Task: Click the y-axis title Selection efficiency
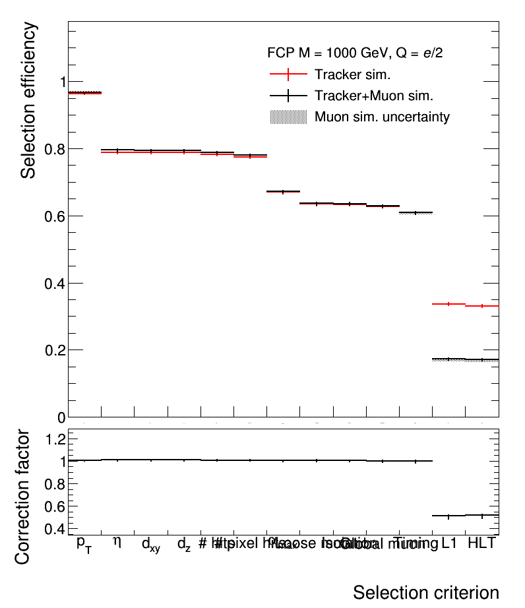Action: coord(28,100)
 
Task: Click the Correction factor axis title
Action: coord(22,497)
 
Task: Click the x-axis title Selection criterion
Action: coord(425,592)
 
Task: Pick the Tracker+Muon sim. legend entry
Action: coord(373,96)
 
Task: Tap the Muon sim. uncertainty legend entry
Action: coord(382,117)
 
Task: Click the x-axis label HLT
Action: coord(481,543)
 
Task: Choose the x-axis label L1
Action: coord(449,543)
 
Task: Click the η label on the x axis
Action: coord(117,542)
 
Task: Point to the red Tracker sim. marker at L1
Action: coord(448,304)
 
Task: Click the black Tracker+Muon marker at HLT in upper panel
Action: coord(482,359)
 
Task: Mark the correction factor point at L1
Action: coord(448,516)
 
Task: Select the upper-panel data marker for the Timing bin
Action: coord(416,212)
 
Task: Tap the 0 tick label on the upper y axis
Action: coord(60,417)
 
